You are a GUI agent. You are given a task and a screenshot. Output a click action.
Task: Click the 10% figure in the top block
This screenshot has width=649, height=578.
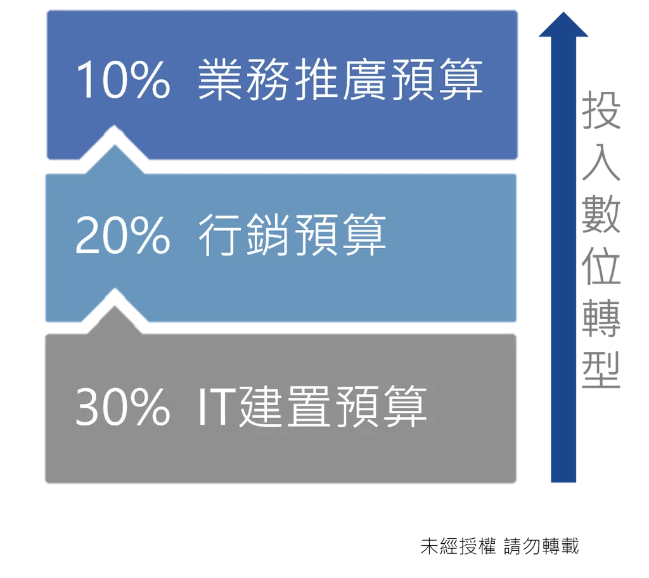[123, 79]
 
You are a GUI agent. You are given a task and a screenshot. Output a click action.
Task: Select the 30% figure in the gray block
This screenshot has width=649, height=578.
[122, 406]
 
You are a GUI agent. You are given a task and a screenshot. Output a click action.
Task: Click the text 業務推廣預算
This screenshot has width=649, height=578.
[340, 79]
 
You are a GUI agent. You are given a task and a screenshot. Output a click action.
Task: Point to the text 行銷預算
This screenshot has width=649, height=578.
[292, 234]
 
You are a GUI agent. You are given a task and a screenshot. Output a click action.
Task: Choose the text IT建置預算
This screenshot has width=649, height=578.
[312, 406]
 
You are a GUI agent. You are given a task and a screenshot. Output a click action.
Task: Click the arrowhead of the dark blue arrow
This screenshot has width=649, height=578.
[563, 25]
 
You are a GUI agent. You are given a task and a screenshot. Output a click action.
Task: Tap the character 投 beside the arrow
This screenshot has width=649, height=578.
[601, 110]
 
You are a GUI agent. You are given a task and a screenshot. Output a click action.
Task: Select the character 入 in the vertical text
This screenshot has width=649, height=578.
[601, 162]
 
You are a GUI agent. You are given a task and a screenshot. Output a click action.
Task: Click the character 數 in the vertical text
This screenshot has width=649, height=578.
[601, 214]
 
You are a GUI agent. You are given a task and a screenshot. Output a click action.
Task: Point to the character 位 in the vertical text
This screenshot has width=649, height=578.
[601, 267]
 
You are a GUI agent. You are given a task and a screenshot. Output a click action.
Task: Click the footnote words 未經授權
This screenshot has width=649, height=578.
[458, 546]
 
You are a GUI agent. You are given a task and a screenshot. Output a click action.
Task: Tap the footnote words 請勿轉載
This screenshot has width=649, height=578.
[541, 546]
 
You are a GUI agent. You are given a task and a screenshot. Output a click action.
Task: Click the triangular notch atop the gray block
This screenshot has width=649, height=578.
[115, 320]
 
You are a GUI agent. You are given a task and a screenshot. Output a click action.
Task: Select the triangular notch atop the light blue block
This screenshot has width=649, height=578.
[115, 160]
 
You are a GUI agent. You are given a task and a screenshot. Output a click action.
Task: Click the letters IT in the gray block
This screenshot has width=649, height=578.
[214, 406]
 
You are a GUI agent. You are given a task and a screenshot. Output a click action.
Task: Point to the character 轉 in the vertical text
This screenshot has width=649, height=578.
[601, 318]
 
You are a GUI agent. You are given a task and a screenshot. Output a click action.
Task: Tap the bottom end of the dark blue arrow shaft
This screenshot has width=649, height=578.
[563, 482]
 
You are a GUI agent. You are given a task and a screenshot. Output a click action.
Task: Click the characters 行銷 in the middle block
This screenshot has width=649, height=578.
[244, 234]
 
